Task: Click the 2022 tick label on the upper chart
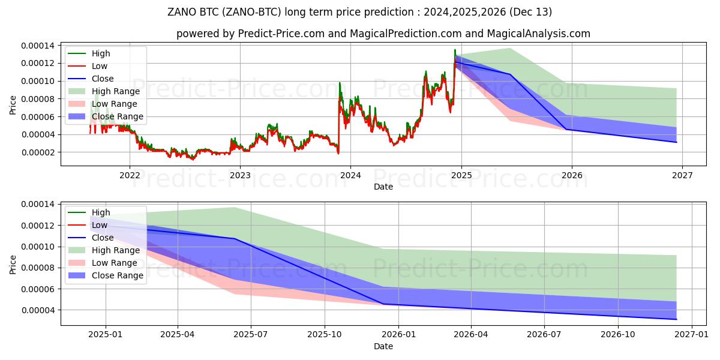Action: click(x=130, y=175)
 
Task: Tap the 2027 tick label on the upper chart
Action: click(x=682, y=175)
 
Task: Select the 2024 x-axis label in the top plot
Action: click(x=350, y=175)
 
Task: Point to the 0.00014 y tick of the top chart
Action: click(x=38, y=46)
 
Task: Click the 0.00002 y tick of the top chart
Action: click(x=38, y=152)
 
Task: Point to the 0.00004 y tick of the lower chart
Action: click(x=38, y=310)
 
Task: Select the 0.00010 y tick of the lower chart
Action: click(x=38, y=247)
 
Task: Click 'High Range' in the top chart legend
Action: click(x=116, y=91)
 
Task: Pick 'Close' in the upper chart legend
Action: click(x=103, y=79)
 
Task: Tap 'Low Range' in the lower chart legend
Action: click(x=115, y=263)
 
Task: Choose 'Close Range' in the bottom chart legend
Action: click(x=118, y=275)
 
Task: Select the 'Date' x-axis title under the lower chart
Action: click(x=383, y=346)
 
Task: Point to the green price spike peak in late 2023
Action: click(x=340, y=83)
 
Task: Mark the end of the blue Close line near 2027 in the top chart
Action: click(x=677, y=142)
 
